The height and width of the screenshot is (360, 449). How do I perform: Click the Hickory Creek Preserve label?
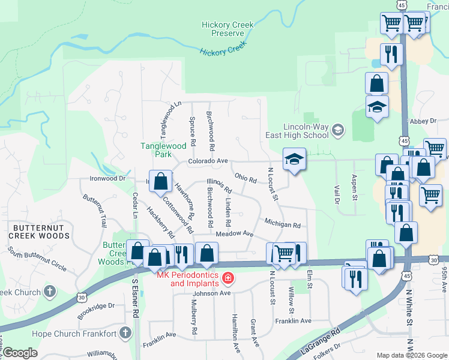[x=228, y=29]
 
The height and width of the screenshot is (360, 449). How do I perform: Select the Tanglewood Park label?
[x=163, y=149]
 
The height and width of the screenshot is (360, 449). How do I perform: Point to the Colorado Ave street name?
[x=208, y=161]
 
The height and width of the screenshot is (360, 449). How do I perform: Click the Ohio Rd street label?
[x=246, y=179]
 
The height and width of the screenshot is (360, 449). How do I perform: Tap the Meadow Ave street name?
[x=234, y=233]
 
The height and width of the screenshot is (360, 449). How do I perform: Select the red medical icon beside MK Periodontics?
[x=228, y=278]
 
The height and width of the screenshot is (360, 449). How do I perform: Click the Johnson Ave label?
[x=211, y=293]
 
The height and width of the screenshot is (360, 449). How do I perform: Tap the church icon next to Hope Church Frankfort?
[x=125, y=332]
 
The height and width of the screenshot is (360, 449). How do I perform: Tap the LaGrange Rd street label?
[x=319, y=342]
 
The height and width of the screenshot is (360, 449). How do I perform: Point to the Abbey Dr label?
[x=423, y=121]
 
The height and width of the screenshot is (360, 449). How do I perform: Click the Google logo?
[x=20, y=353]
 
